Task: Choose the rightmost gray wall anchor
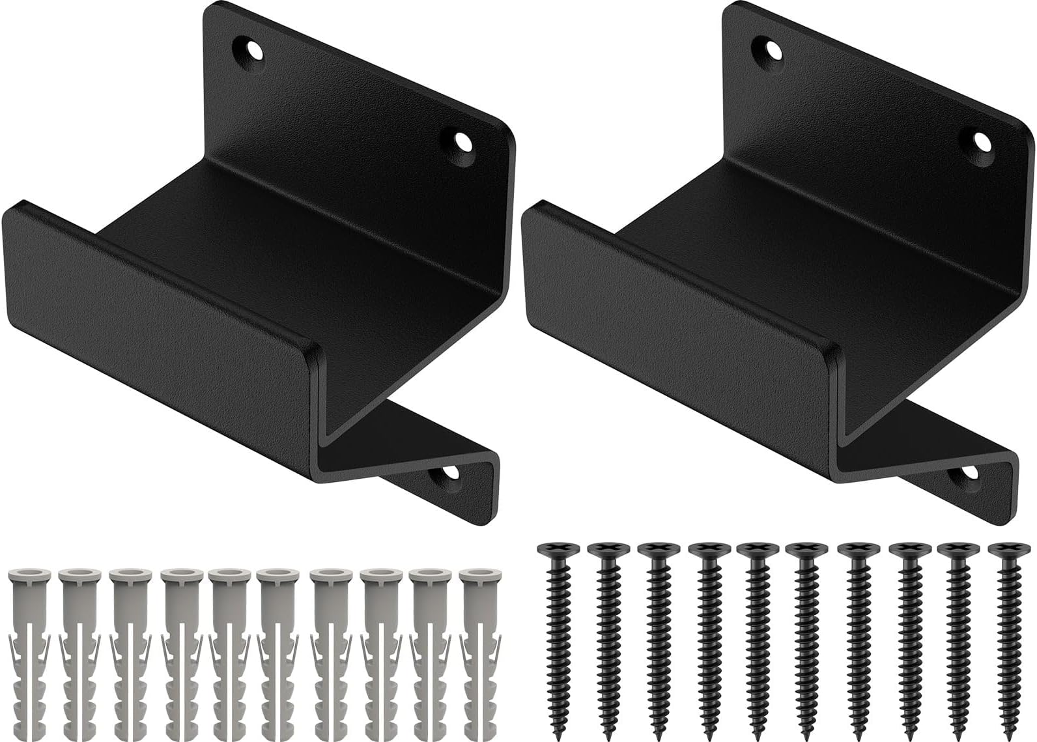[475, 651]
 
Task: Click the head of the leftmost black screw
[552, 550]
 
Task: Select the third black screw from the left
[653, 638]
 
